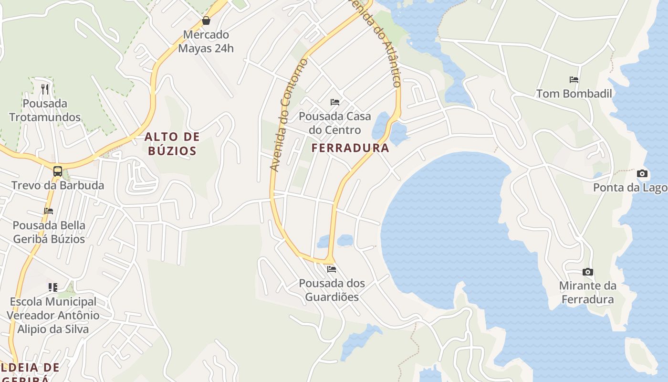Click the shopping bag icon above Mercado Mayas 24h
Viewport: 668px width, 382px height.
point(206,21)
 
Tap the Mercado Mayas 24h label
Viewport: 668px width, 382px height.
point(206,42)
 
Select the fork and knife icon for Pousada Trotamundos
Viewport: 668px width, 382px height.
point(45,89)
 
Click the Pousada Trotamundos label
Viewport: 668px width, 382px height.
point(45,110)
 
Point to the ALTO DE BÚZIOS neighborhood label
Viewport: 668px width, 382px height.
point(172,144)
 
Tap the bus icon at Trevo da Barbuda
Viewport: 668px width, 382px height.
point(58,171)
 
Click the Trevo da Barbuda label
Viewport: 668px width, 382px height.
point(58,185)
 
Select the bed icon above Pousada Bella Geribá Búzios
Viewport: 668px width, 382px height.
point(49,211)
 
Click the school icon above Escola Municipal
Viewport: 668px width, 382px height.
point(53,287)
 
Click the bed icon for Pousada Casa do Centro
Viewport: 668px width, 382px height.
point(335,102)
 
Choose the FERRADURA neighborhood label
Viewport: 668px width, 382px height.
point(350,148)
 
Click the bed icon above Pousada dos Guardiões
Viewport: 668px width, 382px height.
point(332,269)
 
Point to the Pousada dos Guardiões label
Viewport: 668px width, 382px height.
point(332,290)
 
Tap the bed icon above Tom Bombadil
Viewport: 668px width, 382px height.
point(574,80)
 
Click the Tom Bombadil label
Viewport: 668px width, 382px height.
point(574,94)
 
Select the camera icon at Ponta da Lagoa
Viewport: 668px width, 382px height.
point(642,173)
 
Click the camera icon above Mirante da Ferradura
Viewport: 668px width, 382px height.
point(588,272)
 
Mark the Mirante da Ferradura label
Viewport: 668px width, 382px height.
point(587,293)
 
